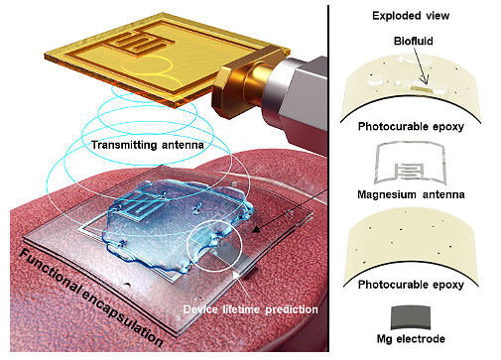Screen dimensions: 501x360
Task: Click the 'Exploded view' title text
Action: click(411, 16)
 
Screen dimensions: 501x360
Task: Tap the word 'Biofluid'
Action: click(413, 41)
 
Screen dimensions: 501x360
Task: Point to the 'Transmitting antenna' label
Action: click(148, 145)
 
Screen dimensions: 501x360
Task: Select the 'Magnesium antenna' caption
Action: click(411, 194)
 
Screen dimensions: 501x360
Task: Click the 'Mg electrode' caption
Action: click(411, 338)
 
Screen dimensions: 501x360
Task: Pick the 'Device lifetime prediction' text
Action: click(250, 309)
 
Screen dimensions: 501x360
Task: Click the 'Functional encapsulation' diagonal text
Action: click(91, 299)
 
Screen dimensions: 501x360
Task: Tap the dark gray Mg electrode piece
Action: click(411, 317)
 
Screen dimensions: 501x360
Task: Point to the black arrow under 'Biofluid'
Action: click(420, 65)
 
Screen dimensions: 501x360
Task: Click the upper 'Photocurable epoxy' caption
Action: click(411, 126)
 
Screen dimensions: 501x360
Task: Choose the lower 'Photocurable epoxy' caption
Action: click(411, 285)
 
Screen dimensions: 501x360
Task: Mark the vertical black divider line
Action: click(328, 179)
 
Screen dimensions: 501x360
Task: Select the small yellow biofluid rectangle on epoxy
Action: click(421, 88)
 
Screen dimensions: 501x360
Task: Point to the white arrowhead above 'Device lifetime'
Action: click(236, 275)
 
